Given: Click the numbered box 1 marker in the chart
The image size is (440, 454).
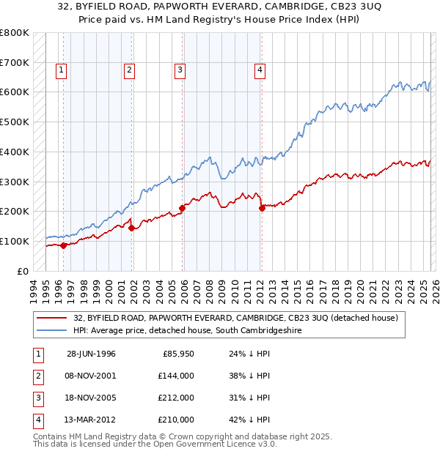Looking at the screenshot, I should (x=60, y=70).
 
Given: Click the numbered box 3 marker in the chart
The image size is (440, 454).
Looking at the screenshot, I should (x=180, y=70).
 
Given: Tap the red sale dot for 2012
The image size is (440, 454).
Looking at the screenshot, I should (x=262, y=209).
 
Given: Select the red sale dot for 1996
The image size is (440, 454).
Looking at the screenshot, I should (x=64, y=245).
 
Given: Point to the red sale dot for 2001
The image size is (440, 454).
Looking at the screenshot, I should (x=132, y=228).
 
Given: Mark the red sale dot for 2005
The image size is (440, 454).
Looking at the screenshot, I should (x=183, y=208).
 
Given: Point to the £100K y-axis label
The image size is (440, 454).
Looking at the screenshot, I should (x=15, y=241).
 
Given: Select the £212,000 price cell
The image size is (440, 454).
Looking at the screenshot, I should (x=175, y=398).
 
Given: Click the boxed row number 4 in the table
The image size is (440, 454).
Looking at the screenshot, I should (x=37, y=420).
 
